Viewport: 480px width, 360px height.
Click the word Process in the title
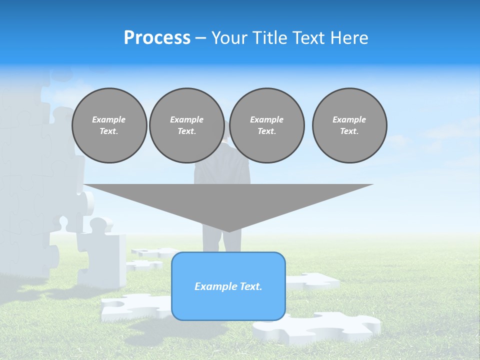pos(157,38)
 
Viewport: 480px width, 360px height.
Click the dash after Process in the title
pos(200,38)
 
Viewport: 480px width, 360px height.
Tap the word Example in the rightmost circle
pos(349,119)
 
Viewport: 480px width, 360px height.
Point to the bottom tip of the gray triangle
pos(228,231)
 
